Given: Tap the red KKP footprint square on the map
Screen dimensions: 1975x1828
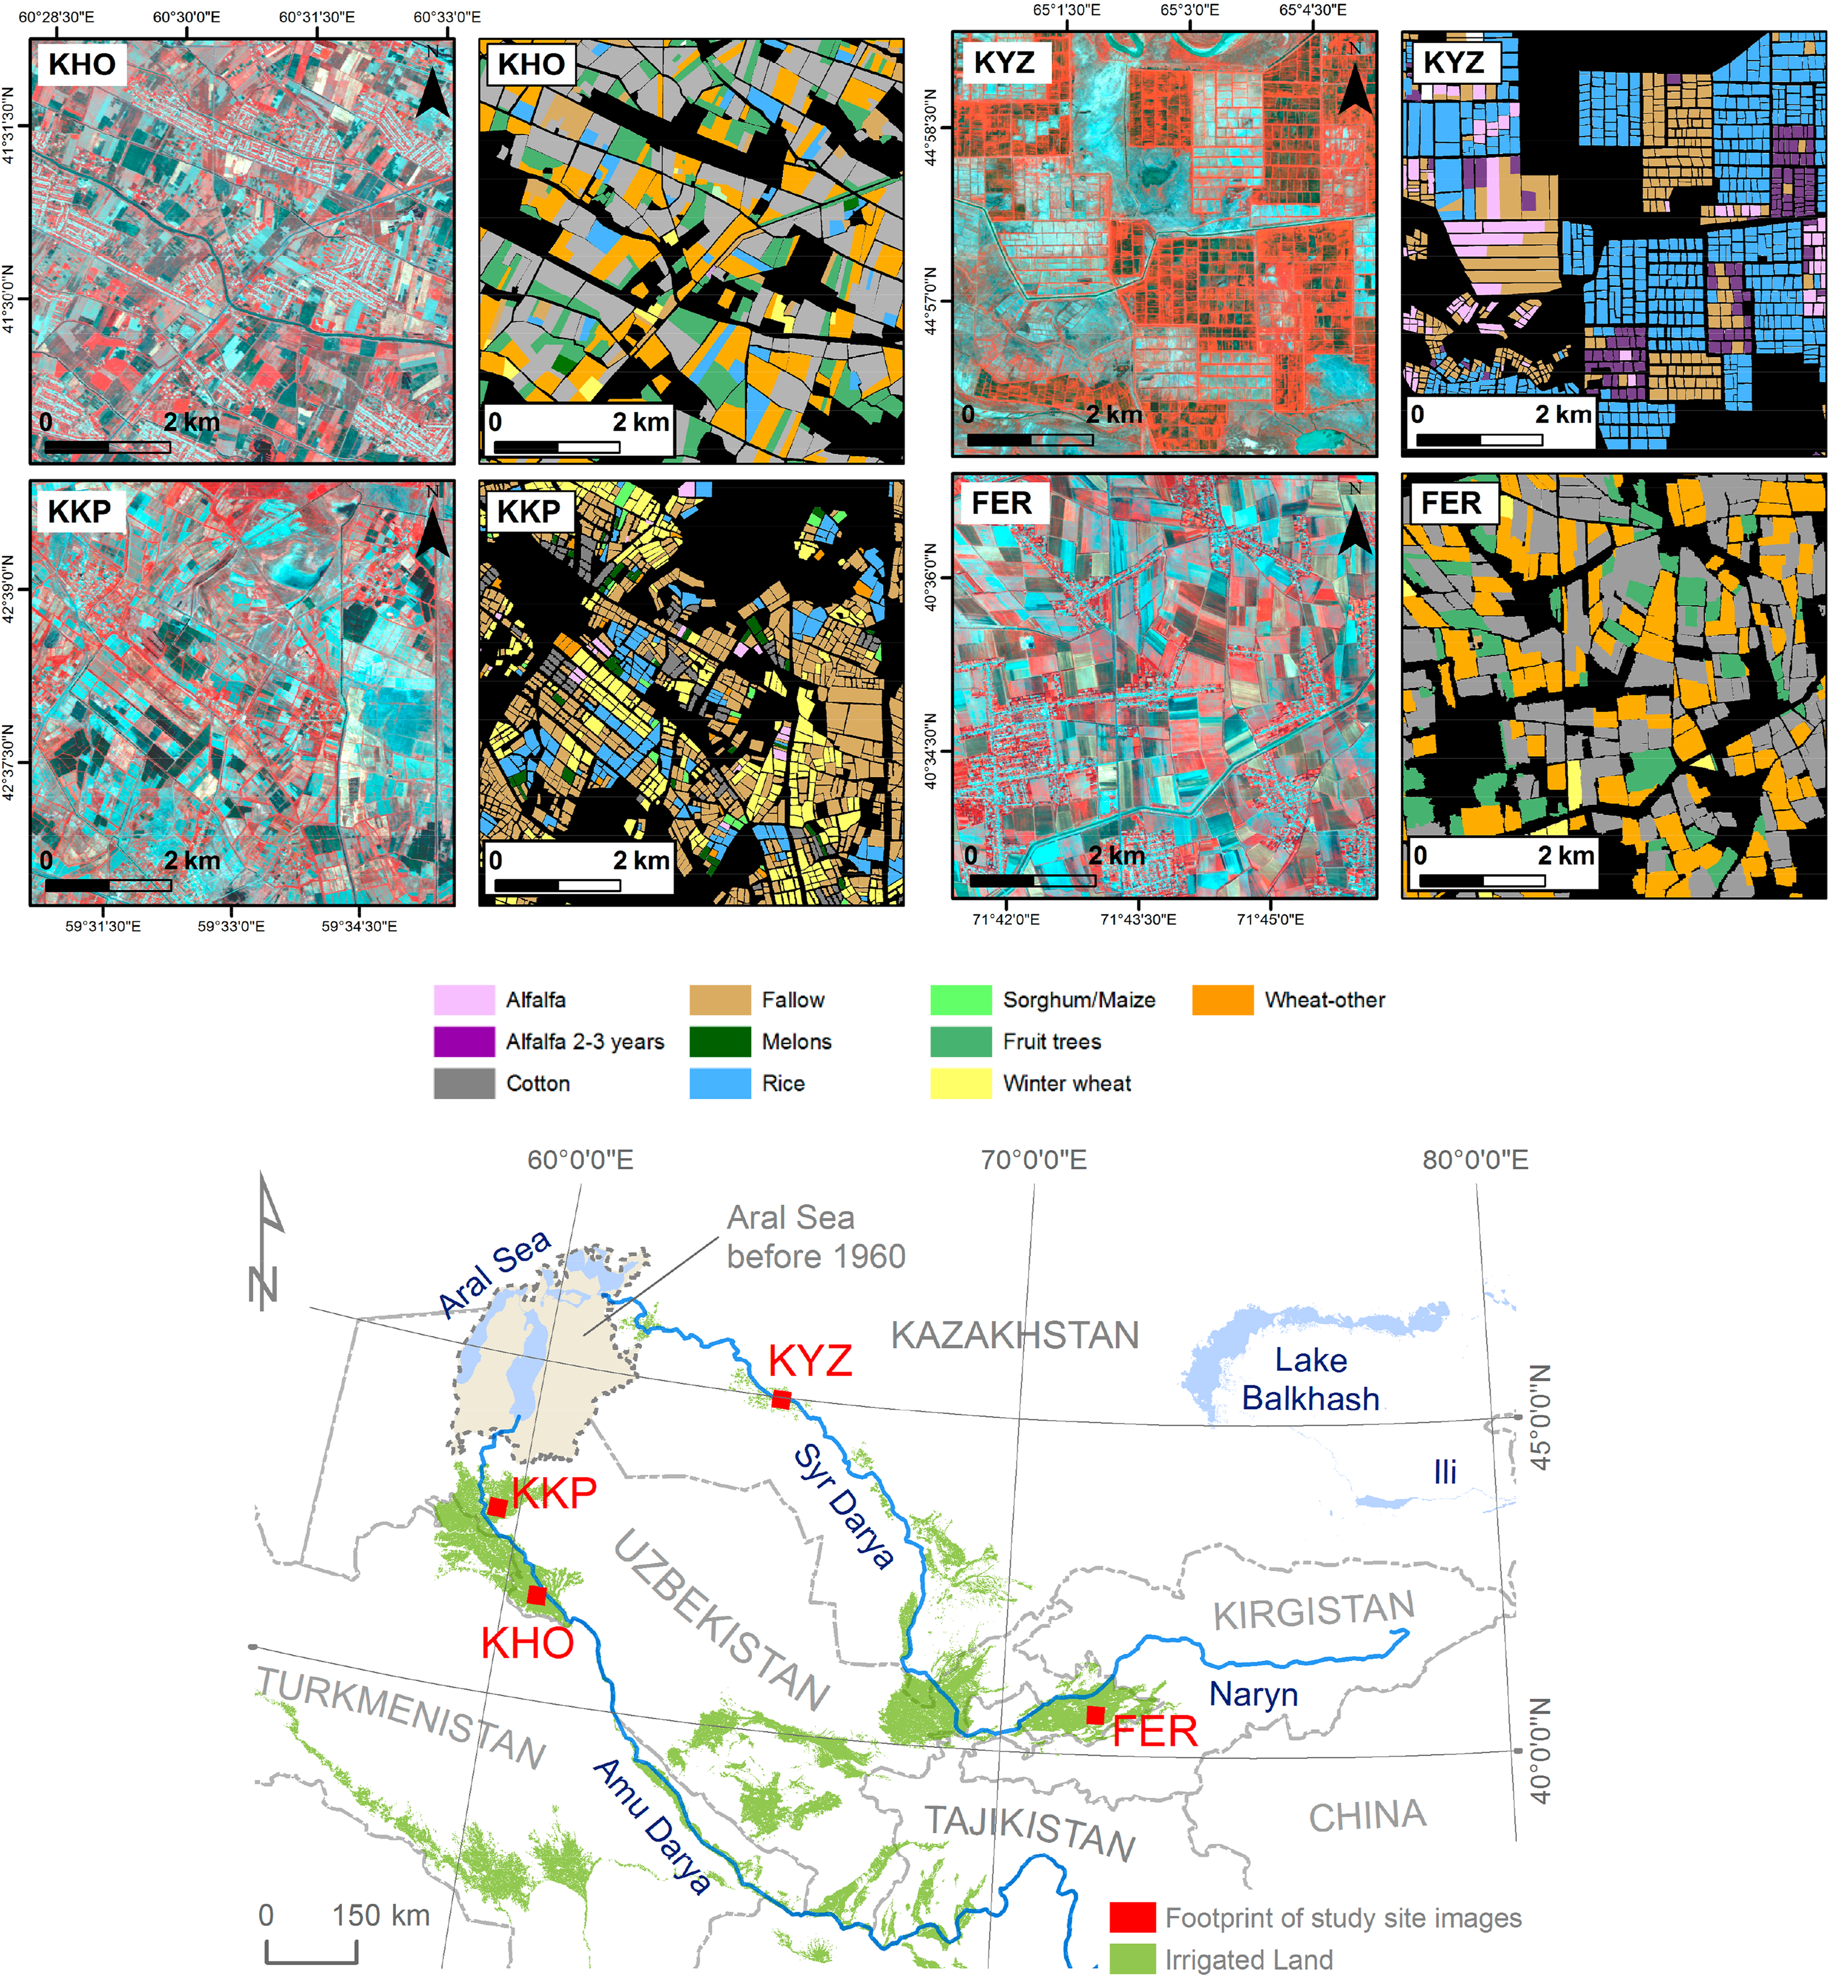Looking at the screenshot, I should point(498,1506).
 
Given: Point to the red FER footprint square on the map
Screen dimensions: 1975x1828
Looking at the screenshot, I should point(1095,1715).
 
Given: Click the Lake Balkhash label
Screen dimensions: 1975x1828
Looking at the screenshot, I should point(1311,1378).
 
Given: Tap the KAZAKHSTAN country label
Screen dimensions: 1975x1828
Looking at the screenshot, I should point(1015,1335).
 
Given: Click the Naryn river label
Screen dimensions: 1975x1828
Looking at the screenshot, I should point(1253,1694).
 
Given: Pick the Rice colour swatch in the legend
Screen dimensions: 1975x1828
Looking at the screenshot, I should point(720,1083).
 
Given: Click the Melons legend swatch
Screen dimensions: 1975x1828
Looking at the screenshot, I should point(720,1042).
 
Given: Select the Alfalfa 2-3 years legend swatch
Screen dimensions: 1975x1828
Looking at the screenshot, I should point(464,1042).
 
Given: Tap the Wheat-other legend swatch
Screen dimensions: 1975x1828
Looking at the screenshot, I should point(1223,1000).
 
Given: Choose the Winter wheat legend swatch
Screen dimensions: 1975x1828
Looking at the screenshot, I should point(961,1083).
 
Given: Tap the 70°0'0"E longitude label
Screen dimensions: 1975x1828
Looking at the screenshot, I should point(1034,1159).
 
